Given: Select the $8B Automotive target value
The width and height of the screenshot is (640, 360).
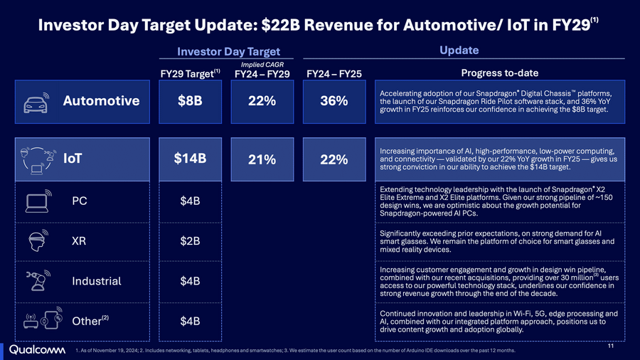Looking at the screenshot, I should pos(190,100).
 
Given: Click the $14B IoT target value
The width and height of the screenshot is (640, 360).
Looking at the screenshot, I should pos(190,159).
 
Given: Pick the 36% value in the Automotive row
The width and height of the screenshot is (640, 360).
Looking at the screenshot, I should pos(334,101).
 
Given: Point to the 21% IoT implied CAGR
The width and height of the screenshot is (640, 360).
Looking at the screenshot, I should pos(262,160).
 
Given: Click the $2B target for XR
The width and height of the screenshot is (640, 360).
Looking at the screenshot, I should pos(190,241).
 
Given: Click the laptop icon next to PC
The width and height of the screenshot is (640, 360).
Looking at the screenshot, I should pos(37,201).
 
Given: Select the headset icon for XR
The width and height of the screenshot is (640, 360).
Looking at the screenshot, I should pos(37,240).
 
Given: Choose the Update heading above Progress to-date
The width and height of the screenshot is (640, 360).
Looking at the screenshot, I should pos(459,51).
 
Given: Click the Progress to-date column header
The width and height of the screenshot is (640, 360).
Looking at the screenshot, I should pos(499,73).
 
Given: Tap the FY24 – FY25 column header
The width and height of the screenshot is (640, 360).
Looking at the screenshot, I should pos(334,74).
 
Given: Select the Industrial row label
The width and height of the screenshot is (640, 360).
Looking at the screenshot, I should pos(96,281).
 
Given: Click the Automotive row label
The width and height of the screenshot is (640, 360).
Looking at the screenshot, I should pos(101,101).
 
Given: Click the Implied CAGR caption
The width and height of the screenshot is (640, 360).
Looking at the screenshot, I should pos(262,64).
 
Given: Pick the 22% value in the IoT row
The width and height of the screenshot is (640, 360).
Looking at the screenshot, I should pos(334,160).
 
